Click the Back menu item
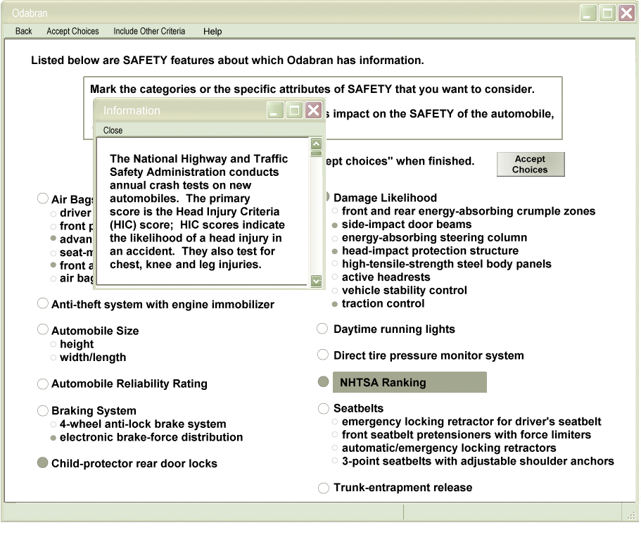point(23,31)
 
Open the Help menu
point(212,31)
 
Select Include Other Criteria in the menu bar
point(149,31)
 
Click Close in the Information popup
point(113,130)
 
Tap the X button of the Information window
point(314,110)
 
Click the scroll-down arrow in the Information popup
point(316,281)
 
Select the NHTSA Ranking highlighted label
point(409,382)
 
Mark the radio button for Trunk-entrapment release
point(323,488)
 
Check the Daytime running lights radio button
point(322,329)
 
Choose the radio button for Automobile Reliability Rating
point(42,384)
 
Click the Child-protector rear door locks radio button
point(42,463)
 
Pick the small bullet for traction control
point(335,304)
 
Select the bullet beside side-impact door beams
point(335,225)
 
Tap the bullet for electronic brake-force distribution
point(53,438)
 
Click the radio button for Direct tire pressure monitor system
point(322,355)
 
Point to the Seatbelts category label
point(358,408)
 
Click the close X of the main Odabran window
point(626,13)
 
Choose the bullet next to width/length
point(53,358)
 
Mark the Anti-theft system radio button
point(42,304)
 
